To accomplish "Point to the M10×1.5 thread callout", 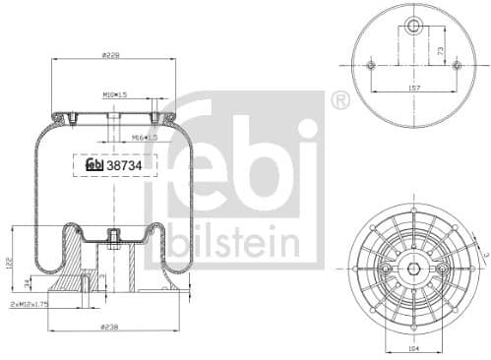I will (x=116, y=95).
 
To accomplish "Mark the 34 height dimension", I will (x=25, y=284).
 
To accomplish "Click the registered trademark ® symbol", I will (x=339, y=99).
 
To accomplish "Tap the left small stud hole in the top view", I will (x=371, y=66).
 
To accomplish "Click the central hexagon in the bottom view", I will (x=413, y=267).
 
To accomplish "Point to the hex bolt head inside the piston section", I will (x=114, y=237).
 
